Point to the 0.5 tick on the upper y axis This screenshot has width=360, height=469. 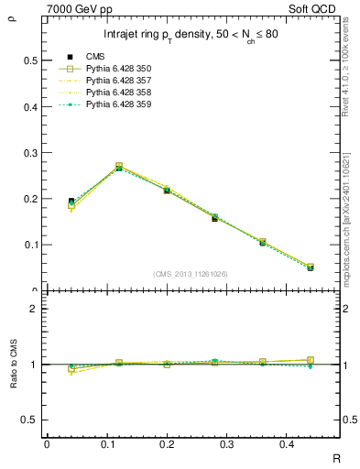tap(30, 60)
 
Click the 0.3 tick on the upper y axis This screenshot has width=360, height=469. tap(30, 153)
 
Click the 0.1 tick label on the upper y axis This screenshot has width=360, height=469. tap(30, 245)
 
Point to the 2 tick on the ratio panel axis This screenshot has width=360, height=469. tap(35, 309)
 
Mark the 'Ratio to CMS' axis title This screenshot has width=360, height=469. tap(12, 364)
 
